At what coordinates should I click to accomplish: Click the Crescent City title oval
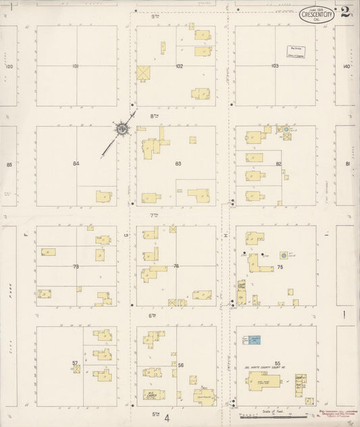pyautogui.click(x=317, y=15)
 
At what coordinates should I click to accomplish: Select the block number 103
pyautogui.click(x=274, y=66)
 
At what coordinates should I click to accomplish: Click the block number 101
pyautogui.click(x=76, y=66)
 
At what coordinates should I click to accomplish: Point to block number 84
pyautogui.click(x=76, y=164)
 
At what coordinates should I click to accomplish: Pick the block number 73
pyautogui.click(x=76, y=267)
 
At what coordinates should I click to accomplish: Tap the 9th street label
pyautogui.click(x=154, y=16)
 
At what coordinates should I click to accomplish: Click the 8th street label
pyautogui.click(x=154, y=116)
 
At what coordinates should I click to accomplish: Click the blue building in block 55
pyautogui.click(x=254, y=341)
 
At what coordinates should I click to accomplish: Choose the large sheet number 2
pyautogui.click(x=346, y=11)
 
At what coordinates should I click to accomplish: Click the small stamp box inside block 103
pyautogui.click(x=294, y=53)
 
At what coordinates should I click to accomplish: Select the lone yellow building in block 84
pyautogui.click(x=104, y=196)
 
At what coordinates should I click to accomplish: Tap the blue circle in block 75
pyautogui.click(x=284, y=256)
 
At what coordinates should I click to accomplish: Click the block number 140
pyautogui.click(x=346, y=66)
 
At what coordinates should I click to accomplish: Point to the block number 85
pyautogui.click(x=9, y=164)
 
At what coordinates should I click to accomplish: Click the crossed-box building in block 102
pyautogui.click(x=144, y=73)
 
